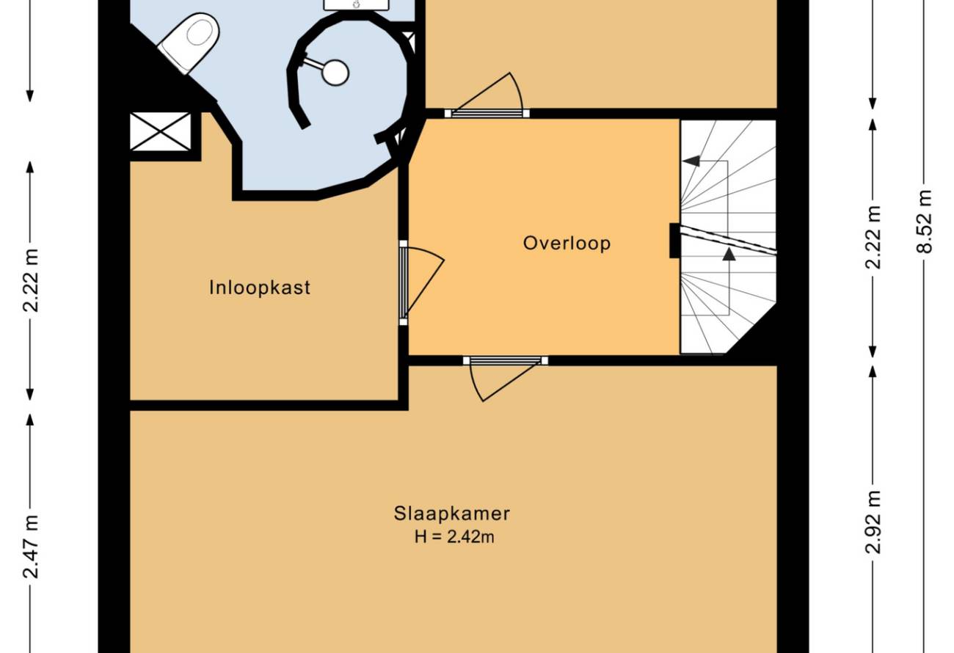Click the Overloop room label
click(567, 244)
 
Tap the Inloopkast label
click(259, 288)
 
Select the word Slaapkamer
click(451, 514)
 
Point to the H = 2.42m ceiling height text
click(454, 537)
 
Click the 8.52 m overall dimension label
click(925, 222)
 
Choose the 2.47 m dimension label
click(31, 547)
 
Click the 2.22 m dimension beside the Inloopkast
click(31, 280)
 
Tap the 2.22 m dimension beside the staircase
click(873, 237)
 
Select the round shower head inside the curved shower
click(335, 73)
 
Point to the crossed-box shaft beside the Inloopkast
click(161, 131)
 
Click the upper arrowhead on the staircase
click(691, 161)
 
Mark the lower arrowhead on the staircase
click(729, 254)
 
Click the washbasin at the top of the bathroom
click(357, 4)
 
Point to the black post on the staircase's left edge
click(674, 241)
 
